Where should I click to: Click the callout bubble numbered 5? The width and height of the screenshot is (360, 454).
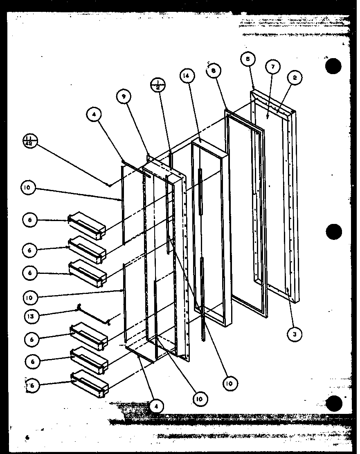pos(248,59)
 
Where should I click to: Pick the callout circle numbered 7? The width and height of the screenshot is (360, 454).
pos(272,67)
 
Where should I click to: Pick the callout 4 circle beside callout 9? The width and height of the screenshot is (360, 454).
pos(94,115)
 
